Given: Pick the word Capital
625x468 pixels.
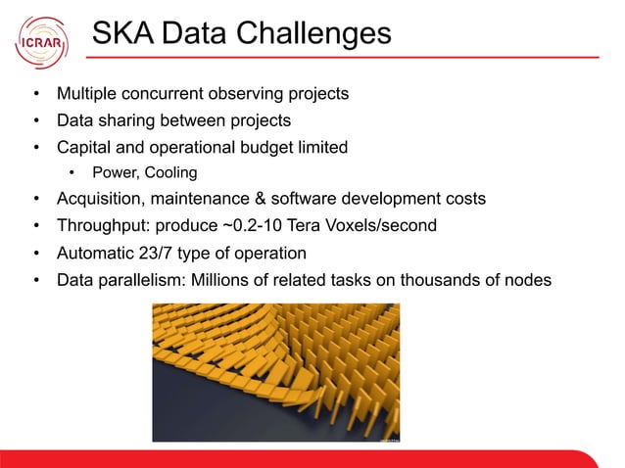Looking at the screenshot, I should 84,148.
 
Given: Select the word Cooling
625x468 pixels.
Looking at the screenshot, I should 169,173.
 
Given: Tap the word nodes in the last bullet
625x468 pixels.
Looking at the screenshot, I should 528,280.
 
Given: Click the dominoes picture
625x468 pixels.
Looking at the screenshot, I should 278,372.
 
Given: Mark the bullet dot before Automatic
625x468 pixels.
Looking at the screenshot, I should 36,253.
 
